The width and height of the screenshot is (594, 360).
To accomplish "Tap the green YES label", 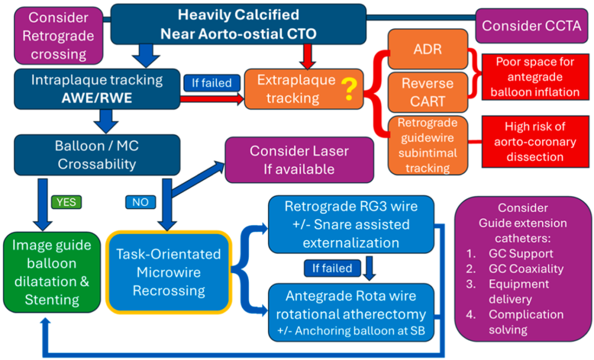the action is tap(67, 202).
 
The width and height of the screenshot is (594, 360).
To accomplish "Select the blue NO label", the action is tap(141, 202).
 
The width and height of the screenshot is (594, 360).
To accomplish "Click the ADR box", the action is tap(428, 49).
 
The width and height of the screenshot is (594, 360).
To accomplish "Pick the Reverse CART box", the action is tap(428, 92).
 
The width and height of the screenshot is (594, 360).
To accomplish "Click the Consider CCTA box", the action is tap(531, 26).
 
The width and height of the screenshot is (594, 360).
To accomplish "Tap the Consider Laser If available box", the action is tap(299, 160).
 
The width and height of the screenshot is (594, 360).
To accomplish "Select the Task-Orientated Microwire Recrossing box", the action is tap(169, 272).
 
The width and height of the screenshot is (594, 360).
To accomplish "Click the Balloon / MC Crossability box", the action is tap(97, 155).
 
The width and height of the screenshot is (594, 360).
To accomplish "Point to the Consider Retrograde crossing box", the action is tap(58, 36).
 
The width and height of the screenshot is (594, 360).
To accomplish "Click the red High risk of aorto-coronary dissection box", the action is tap(535, 141).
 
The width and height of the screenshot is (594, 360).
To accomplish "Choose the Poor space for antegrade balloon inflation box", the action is tap(535, 77).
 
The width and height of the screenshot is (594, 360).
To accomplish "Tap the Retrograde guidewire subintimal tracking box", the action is tap(428, 145).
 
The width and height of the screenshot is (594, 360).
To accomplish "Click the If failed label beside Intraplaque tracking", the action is tap(212, 83).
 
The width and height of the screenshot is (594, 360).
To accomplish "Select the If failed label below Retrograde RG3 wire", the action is tap(332, 268).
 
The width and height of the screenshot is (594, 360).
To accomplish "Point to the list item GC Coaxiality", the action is tap(526, 269).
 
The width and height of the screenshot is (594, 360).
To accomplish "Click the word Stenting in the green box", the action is tap(52, 300).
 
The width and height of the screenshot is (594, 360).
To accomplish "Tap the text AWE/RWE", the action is tap(97, 98).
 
